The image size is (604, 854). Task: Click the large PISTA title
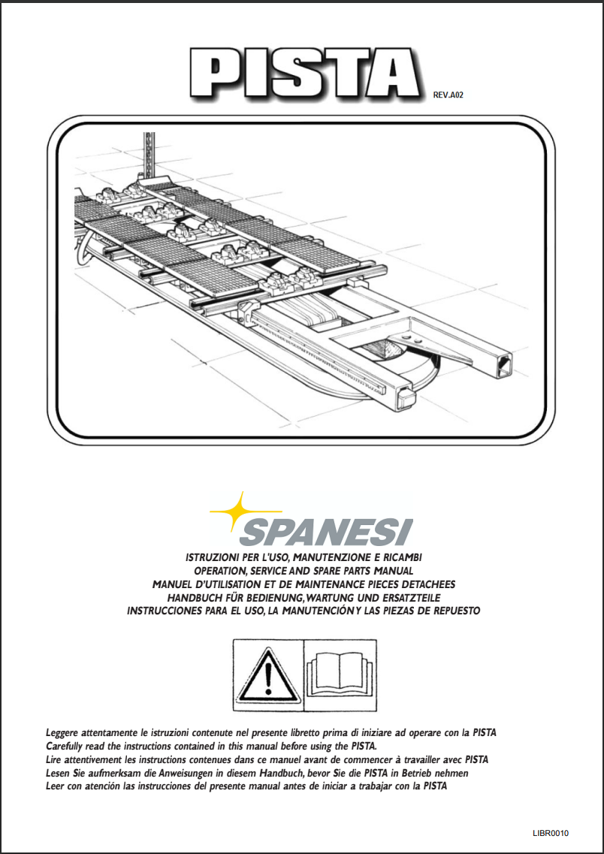(x=304, y=75)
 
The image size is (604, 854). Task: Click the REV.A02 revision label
(x=449, y=96)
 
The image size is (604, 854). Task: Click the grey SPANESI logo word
(x=326, y=532)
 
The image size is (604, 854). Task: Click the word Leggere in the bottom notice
(x=64, y=732)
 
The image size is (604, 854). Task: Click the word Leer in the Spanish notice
(x=56, y=786)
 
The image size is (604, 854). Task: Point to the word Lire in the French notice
(x=55, y=759)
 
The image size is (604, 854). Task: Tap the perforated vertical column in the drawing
(x=148, y=153)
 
